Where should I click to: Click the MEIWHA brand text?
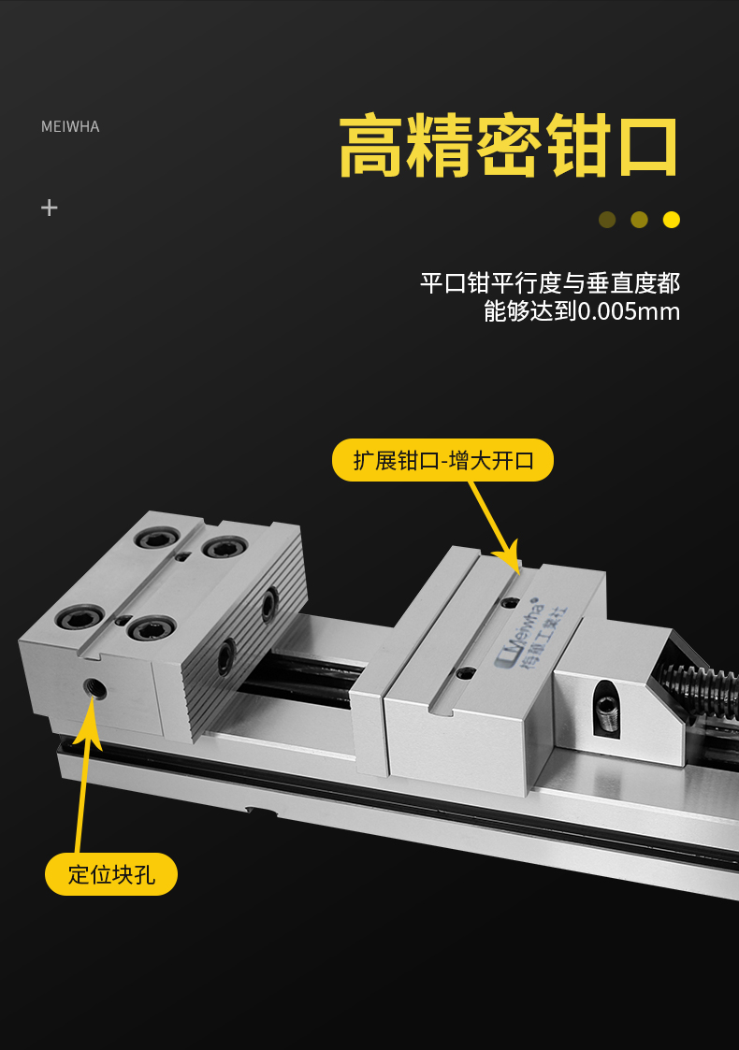[x=70, y=126]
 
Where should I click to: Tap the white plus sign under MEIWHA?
[x=49, y=208]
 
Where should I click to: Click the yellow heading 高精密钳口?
[x=508, y=145]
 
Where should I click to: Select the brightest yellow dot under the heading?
[x=672, y=220]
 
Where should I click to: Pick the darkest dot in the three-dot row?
[x=607, y=220]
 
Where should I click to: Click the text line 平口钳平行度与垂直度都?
[x=550, y=283]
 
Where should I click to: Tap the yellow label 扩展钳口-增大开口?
[x=442, y=460]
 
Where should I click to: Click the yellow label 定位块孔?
[x=111, y=874]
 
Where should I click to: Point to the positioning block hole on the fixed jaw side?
[x=95, y=688]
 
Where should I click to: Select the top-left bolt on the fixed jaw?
[x=157, y=538]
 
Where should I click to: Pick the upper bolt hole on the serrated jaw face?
[x=268, y=604]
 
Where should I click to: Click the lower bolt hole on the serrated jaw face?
[x=226, y=656]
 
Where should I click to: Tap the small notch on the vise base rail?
[x=261, y=811]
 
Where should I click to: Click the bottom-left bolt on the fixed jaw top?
[x=80, y=617]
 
